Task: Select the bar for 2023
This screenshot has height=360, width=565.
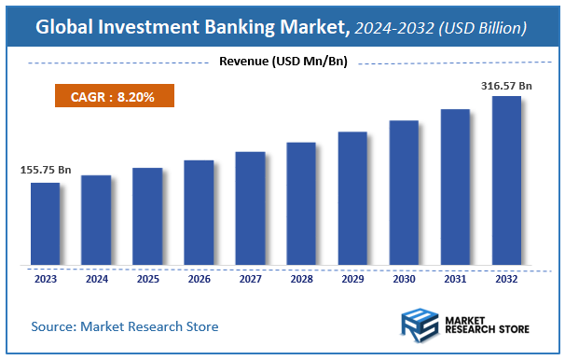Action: point(45,224)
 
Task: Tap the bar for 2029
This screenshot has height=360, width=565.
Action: point(352,199)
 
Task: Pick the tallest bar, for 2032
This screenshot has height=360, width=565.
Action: point(506,181)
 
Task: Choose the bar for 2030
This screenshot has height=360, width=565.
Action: point(404,193)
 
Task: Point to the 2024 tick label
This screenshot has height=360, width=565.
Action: point(96,278)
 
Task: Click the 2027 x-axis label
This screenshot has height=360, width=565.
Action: point(250,278)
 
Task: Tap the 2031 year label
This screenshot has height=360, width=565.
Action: point(455,278)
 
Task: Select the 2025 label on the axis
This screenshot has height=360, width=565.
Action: point(147,278)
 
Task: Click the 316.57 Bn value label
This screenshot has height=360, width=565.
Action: point(506,86)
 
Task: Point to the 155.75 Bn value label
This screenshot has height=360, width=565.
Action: point(45,172)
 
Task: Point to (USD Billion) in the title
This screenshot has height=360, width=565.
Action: point(471,29)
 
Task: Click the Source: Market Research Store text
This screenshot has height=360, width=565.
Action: point(124,326)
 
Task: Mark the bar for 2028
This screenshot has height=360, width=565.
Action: point(301,204)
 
